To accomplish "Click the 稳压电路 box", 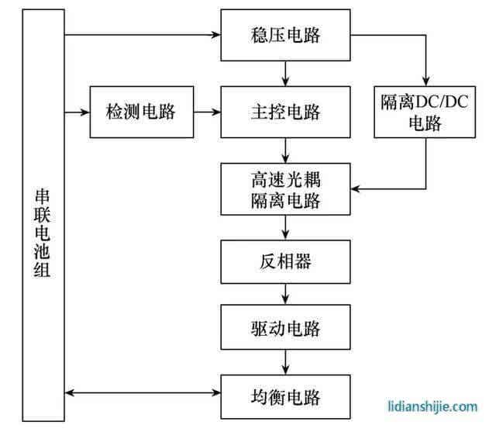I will [x=286, y=35].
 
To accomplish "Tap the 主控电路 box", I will [x=286, y=112].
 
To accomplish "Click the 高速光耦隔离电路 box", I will [x=286, y=188].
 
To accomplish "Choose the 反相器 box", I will [x=286, y=261].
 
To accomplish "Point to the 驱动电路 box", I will [x=286, y=327].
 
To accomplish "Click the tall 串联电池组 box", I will [x=43, y=217].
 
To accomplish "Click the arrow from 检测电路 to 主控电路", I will [x=207, y=112].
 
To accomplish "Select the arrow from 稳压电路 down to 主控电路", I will [x=287, y=73].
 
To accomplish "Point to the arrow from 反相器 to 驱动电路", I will [x=287, y=293].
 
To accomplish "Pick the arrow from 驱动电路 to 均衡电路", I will [x=287, y=361].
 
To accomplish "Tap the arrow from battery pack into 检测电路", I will [x=77, y=112].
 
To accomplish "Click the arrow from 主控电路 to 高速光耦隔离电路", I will [x=287, y=150].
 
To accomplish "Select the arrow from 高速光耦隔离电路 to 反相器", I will [x=287, y=227].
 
